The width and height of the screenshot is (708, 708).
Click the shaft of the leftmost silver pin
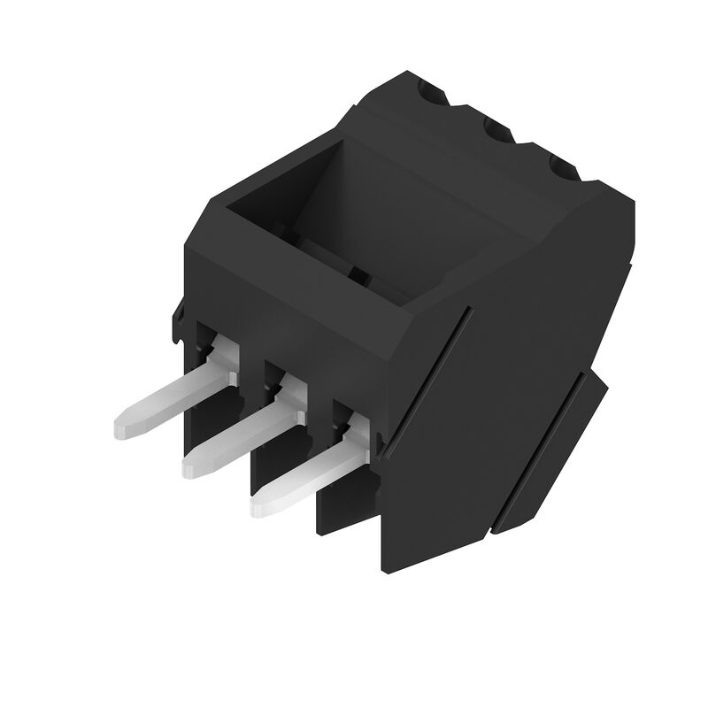168,403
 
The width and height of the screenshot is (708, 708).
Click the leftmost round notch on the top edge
433,94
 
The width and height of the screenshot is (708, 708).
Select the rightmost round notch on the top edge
563,167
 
